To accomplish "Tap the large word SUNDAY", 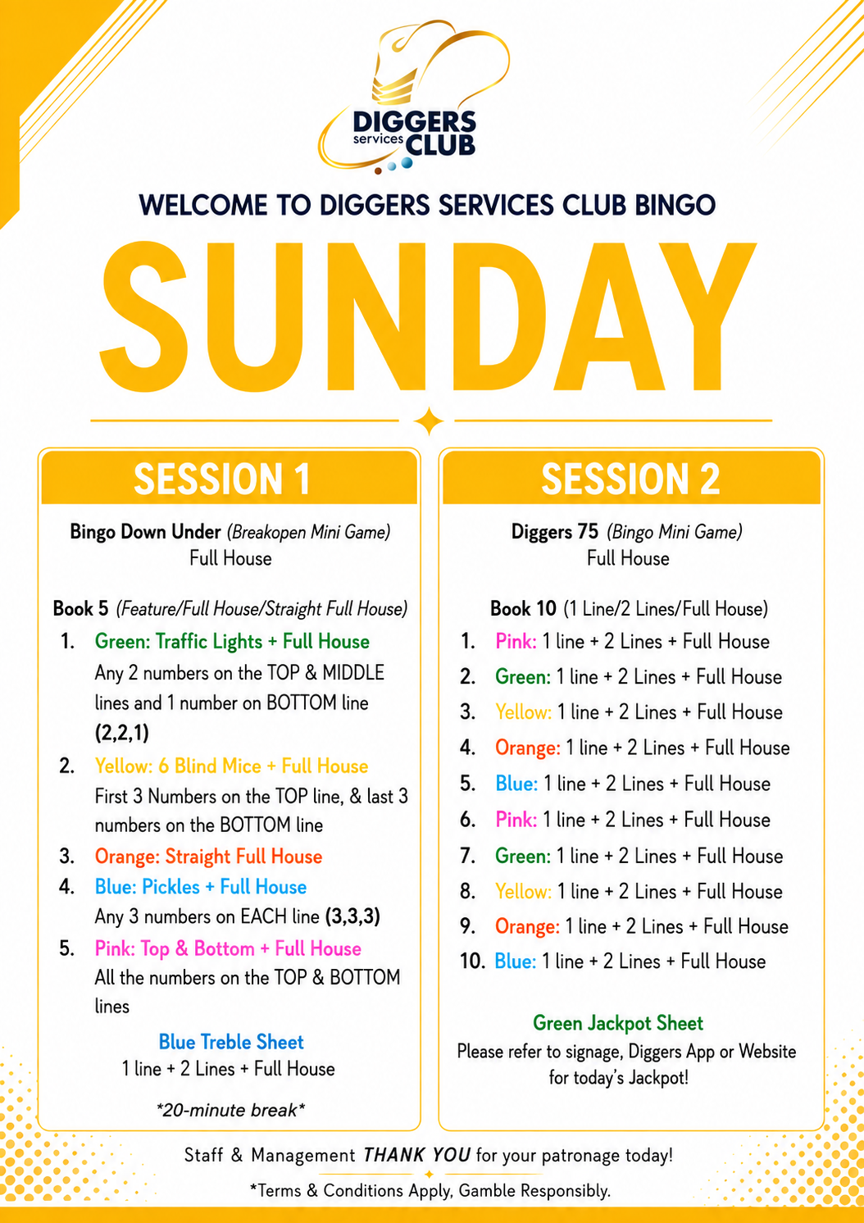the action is point(428,316).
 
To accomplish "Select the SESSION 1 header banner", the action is point(230,478).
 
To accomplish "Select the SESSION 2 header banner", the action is point(631,478).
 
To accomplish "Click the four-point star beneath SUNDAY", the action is point(429,421).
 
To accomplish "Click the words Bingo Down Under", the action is point(145,531).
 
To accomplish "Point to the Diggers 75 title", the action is point(554,531).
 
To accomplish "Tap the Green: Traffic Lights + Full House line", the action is point(232,641).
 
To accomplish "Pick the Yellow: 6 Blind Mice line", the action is point(231,766).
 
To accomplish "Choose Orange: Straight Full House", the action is point(209,856).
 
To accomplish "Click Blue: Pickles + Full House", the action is point(201,887).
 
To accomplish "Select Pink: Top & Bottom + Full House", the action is point(228,948).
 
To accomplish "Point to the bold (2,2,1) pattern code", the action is point(122,733).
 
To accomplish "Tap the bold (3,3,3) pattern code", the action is point(352,916).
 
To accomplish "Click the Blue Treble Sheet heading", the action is point(231,1042).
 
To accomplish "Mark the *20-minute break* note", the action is point(230,1110).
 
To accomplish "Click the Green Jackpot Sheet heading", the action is point(618,1023).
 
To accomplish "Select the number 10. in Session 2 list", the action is point(472,961).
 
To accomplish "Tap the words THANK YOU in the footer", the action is point(416,1155).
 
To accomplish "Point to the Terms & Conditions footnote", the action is point(430,1190).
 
